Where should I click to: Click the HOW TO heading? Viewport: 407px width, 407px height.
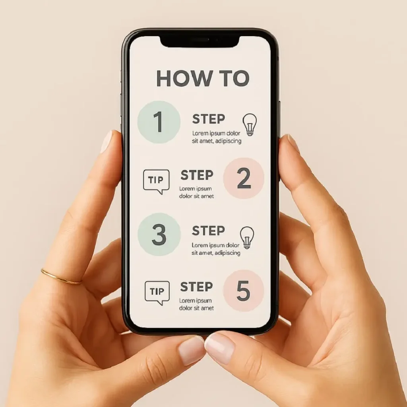click(202, 78)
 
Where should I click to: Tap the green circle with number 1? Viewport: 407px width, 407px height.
click(159, 122)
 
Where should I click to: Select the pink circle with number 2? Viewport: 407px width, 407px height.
click(244, 178)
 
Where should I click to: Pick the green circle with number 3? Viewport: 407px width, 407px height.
click(159, 234)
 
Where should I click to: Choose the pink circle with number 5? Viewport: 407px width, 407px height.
click(244, 290)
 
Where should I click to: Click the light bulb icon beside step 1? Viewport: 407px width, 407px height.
click(250, 124)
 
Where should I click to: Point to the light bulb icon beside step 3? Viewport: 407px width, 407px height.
click(247, 237)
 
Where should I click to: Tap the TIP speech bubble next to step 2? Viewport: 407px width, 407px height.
click(156, 181)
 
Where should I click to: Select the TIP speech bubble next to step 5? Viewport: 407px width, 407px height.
click(157, 293)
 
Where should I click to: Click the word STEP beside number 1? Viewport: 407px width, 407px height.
click(208, 119)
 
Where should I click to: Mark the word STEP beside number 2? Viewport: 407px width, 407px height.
click(197, 175)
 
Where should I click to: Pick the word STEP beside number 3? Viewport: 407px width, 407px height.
click(208, 231)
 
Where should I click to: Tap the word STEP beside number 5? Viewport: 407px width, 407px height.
click(196, 287)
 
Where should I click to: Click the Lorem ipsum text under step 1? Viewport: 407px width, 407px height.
click(217, 137)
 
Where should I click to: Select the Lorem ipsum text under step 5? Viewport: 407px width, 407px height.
click(196, 304)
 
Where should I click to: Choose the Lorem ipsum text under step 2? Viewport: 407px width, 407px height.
click(196, 192)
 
